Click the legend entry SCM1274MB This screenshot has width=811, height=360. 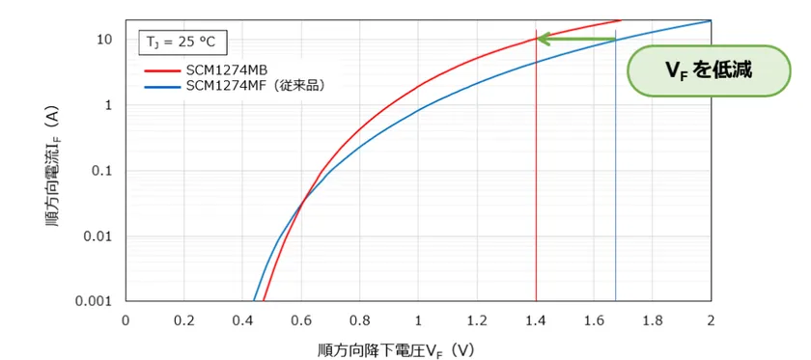click(x=226, y=70)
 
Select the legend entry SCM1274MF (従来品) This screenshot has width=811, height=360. click(x=253, y=86)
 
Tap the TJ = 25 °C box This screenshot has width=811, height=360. click(x=180, y=42)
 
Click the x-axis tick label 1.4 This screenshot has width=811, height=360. click(x=536, y=319)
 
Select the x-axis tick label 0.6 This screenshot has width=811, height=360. click(x=300, y=319)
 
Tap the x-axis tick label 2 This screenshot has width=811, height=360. click(x=712, y=319)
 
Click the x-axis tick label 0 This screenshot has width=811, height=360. click(x=125, y=319)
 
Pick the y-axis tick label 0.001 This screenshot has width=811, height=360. click(x=95, y=302)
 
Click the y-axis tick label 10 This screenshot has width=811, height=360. click(x=105, y=40)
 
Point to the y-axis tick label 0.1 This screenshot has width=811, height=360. click(x=101, y=171)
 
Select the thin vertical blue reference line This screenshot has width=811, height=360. click(x=615, y=193)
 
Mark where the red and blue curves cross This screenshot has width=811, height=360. click(x=302, y=200)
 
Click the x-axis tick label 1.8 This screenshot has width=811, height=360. click(x=653, y=319)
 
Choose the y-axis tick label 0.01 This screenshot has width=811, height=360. click(x=98, y=236)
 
